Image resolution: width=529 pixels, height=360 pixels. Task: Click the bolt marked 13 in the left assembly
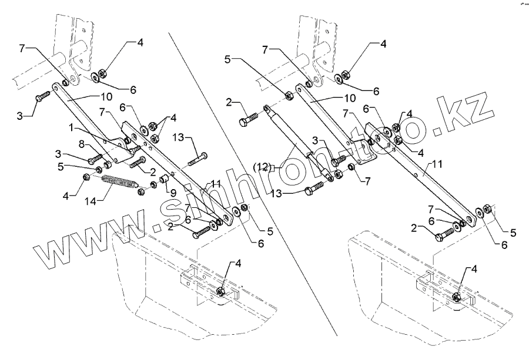click(x=199, y=158)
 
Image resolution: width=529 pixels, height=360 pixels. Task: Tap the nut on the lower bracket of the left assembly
click(x=222, y=292)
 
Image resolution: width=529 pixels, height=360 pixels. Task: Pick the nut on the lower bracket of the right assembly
click(x=458, y=297)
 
